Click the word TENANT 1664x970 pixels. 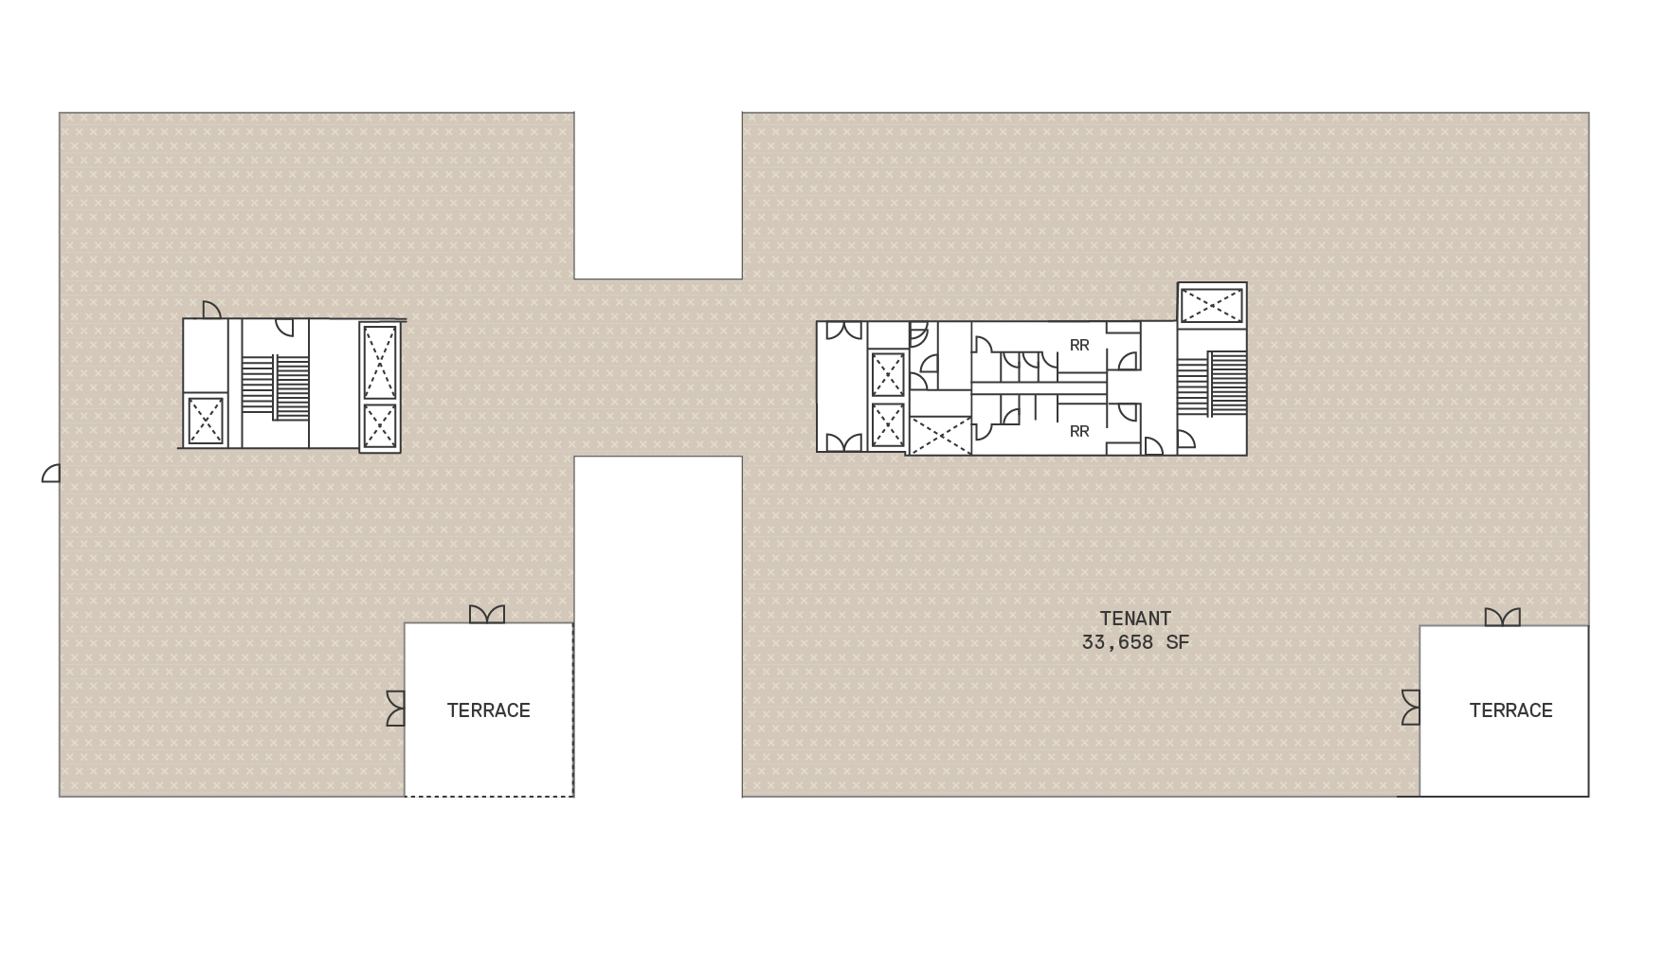point(1135,619)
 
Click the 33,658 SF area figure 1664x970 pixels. point(1135,642)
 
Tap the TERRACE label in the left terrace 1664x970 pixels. point(489,710)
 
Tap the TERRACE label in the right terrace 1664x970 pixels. point(1510,710)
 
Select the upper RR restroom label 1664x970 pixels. point(1079,346)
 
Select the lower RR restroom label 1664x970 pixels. point(1079,432)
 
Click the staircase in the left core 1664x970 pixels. point(275,386)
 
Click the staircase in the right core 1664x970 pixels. point(1212,383)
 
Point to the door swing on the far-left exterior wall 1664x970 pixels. point(51,474)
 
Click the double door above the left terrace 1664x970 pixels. point(487,615)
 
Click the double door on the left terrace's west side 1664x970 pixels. point(396,709)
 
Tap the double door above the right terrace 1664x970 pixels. point(1502,618)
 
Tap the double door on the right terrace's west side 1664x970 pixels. point(1411,708)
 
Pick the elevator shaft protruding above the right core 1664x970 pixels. point(1212,305)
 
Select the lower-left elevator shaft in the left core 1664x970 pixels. point(206,421)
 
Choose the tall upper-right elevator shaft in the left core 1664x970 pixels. point(379,361)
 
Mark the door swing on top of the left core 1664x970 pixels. point(211,310)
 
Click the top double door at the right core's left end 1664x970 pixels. point(843,331)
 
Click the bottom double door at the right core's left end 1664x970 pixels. point(843,442)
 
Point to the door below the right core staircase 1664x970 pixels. point(1186,440)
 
